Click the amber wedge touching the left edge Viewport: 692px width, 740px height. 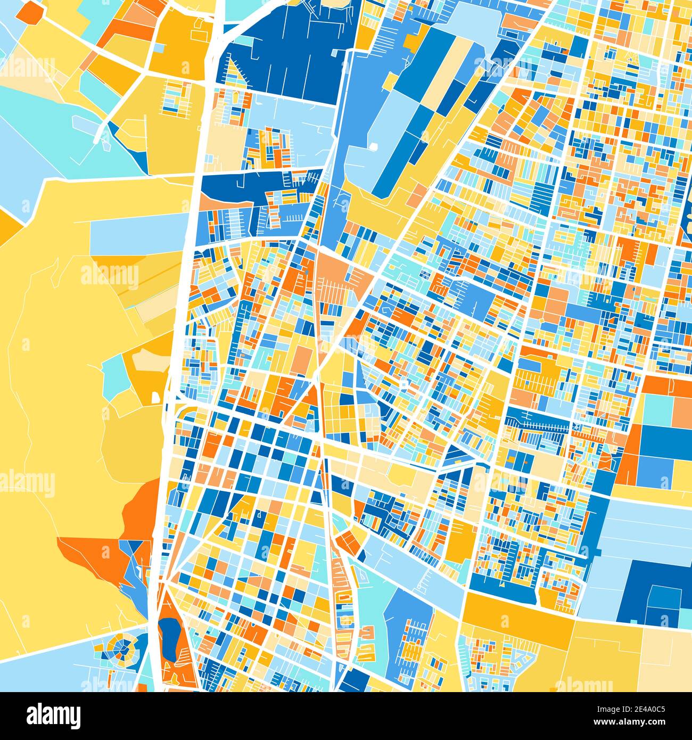8,224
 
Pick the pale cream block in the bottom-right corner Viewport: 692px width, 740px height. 665,660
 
